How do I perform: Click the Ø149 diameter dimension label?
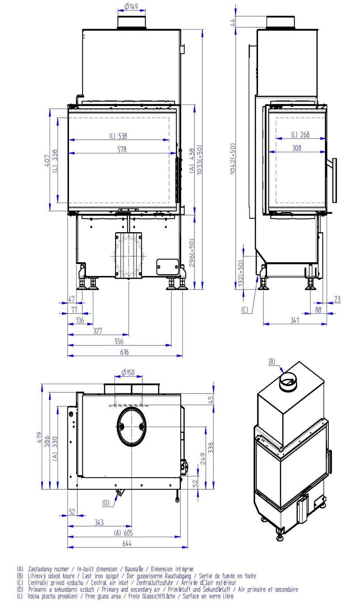pos(131,6)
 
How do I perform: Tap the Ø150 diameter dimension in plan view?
pos(128,373)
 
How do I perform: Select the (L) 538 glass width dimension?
pos(118,136)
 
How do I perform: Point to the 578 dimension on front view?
pos(122,149)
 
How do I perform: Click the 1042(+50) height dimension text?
pos(233,159)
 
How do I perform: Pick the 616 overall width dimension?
pos(124,352)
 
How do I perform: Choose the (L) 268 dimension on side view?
pos(301,134)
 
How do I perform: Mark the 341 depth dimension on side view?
pos(295,320)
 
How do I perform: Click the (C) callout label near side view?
pos(245,310)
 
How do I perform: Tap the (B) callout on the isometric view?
pos(272,362)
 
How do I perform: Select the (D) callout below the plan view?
pos(106,503)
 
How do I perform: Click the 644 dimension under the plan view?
pos(127,543)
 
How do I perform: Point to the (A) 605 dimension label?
pos(124,533)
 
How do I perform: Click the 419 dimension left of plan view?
pos(39,437)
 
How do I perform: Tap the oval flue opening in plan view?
pos(131,426)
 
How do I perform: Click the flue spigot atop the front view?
pos(131,22)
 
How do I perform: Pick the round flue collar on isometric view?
pos(288,382)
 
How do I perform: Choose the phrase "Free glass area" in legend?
pos(103,596)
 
